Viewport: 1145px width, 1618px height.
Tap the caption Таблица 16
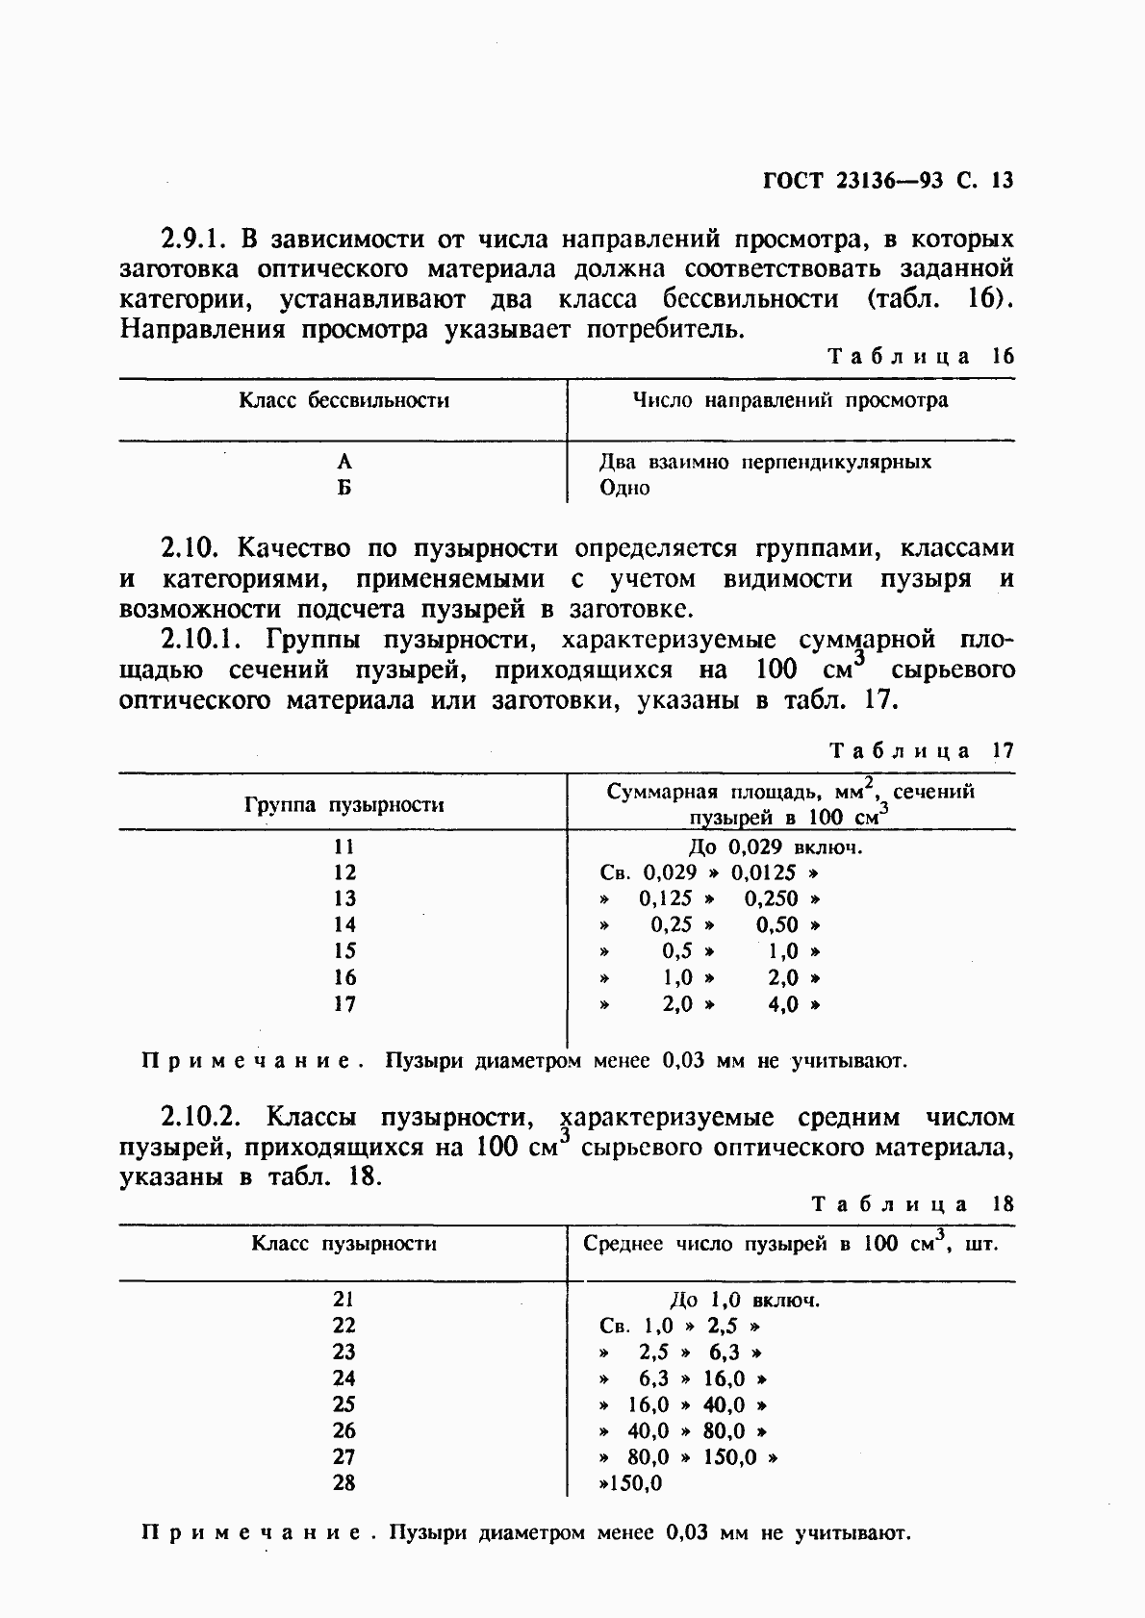pos(921,356)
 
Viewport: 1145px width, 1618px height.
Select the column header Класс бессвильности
pos(343,400)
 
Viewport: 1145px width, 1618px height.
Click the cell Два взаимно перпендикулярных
pos(765,462)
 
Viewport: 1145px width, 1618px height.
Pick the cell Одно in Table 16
pos(624,488)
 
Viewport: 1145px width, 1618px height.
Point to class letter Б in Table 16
pos(343,488)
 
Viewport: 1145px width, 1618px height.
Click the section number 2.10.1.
pos(202,640)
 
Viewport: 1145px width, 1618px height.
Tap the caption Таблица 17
pos(921,750)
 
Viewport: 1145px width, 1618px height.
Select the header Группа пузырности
pos(343,804)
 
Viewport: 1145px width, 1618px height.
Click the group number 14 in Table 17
pos(343,925)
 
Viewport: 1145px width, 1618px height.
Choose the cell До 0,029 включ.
pos(776,847)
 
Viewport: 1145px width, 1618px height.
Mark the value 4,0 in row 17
pos(783,1005)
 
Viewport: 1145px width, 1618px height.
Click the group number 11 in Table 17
pos(343,847)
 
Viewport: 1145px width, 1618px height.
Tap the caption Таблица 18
pos(912,1203)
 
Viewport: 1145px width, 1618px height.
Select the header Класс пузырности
pos(343,1244)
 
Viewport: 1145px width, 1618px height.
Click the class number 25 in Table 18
pos(343,1404)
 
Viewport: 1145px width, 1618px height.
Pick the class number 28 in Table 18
pos(343,1483)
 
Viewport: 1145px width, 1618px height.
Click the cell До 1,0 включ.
pos(744,1301)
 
